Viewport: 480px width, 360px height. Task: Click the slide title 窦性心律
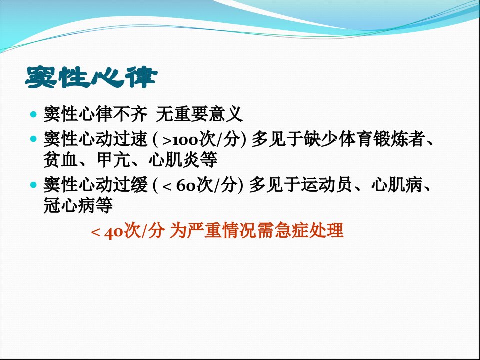click(x=91, y=77)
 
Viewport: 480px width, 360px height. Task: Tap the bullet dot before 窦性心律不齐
click(x=33, y=115)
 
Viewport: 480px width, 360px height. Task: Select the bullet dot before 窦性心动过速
click(x=33, y=139)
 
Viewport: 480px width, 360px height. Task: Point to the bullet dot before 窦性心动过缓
click(x=33, y=185)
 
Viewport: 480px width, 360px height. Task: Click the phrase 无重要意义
click(x=199, y=114)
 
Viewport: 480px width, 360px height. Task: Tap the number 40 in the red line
click(x=114, y=231)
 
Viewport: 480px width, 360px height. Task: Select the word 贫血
click(x=61, y=160)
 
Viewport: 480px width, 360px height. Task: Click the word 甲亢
click(x=114, y=160)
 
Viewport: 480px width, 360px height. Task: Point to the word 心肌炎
click(x=174, y=160)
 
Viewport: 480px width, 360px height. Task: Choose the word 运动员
click(x=326, y=185)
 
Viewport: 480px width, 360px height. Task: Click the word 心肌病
click(x=397, y=185)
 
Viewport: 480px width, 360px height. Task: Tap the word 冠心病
click(x=70, y=205)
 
